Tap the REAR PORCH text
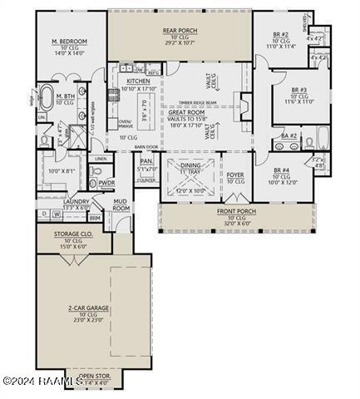pos(180,30)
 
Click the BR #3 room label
pos(298,89)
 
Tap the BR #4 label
pos(281,171)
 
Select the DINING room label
pos(190,165)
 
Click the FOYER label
pos(235,175)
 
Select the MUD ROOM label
pos(121,204)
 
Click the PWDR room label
pos(106,182)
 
